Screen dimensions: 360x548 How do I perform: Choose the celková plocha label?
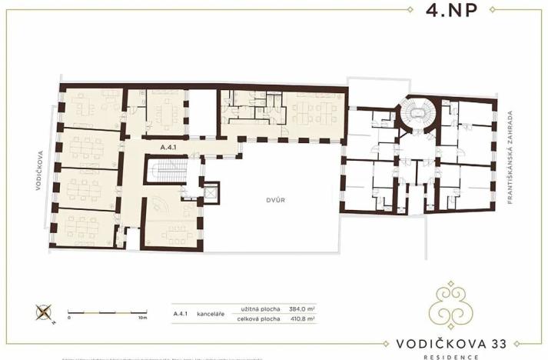(258, 319)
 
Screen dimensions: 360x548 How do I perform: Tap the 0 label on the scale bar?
(68, 317)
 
